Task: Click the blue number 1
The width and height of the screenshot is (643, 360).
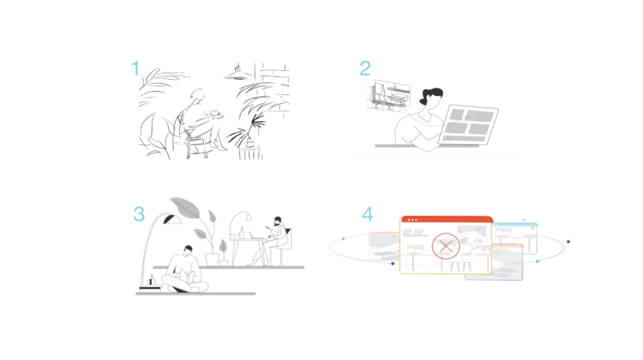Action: click(x=135, y=68)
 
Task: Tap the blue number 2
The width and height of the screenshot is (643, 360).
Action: click(x=365, y=68)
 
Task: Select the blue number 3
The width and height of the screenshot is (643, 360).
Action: click(x=139, y=214)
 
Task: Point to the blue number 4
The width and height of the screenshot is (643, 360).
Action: click(x=367, y=214)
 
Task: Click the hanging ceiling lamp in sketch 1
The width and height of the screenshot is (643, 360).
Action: click(x=238, y=73)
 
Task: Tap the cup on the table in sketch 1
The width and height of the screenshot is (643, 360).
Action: click(x=214, y=112)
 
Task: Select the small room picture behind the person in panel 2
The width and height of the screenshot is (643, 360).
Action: click(x=388, y=96)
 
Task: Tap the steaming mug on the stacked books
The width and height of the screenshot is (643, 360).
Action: click(x=151, y=281)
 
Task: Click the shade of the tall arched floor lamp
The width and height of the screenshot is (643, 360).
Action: click(x=172, y=220)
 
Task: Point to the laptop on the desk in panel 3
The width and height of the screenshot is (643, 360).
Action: click(x=255, y=236)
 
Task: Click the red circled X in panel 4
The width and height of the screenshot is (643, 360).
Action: click(x=446, y=246)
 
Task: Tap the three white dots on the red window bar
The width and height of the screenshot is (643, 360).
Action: click(x=413, y=220)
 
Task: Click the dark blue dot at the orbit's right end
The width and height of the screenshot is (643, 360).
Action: click(x=569, y=242)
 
